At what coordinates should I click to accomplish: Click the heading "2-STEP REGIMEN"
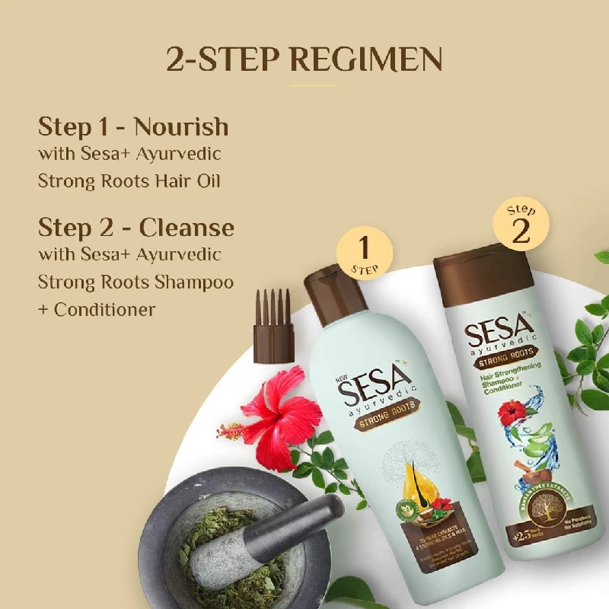coord(304,60)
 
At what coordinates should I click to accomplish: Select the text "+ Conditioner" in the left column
coord(97,310)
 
